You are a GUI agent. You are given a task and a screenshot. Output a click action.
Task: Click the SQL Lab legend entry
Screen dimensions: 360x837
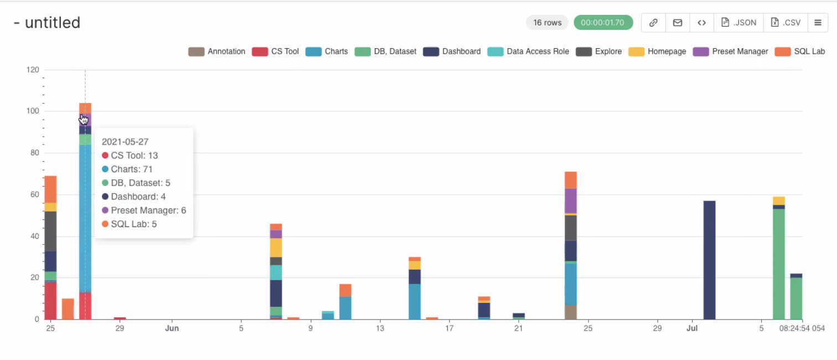tap(801, 52)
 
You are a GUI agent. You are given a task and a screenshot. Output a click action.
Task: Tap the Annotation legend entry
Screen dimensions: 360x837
tap(217, 52)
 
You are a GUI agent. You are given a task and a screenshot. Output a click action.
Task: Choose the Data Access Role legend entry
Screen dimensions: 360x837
tap(529, 52)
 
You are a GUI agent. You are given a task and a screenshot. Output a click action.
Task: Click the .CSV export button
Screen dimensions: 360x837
tap(786, 23)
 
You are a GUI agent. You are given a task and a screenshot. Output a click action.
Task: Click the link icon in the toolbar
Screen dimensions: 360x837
tap(653, 23)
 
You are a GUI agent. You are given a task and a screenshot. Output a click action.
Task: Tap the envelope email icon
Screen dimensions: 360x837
tap(677, 23)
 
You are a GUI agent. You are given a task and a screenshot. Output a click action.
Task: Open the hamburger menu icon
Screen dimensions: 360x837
tap(818, 23)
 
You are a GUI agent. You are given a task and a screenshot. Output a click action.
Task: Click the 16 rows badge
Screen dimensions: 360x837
tap(547, 23)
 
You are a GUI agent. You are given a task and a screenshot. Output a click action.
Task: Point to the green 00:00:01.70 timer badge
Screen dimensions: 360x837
tap(603, 23)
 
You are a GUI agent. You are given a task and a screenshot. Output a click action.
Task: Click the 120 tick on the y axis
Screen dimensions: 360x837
tap(33, 70)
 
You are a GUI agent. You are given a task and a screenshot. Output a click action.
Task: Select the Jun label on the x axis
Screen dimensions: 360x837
tap(172, 328)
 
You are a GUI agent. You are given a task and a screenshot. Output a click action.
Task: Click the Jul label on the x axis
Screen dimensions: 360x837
tap(692, 328)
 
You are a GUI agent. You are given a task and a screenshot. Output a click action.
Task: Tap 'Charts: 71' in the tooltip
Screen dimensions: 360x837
tap(131, 169)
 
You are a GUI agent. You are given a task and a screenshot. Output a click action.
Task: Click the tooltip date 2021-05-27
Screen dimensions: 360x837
tap(125, 142)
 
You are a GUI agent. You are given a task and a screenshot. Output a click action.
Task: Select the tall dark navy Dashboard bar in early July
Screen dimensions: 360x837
tap(709, 260)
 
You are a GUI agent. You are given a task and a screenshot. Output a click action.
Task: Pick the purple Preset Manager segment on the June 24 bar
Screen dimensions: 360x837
tap(571, 200)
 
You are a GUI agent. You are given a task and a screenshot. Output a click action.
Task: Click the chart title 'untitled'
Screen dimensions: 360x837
tap(53, 23)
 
